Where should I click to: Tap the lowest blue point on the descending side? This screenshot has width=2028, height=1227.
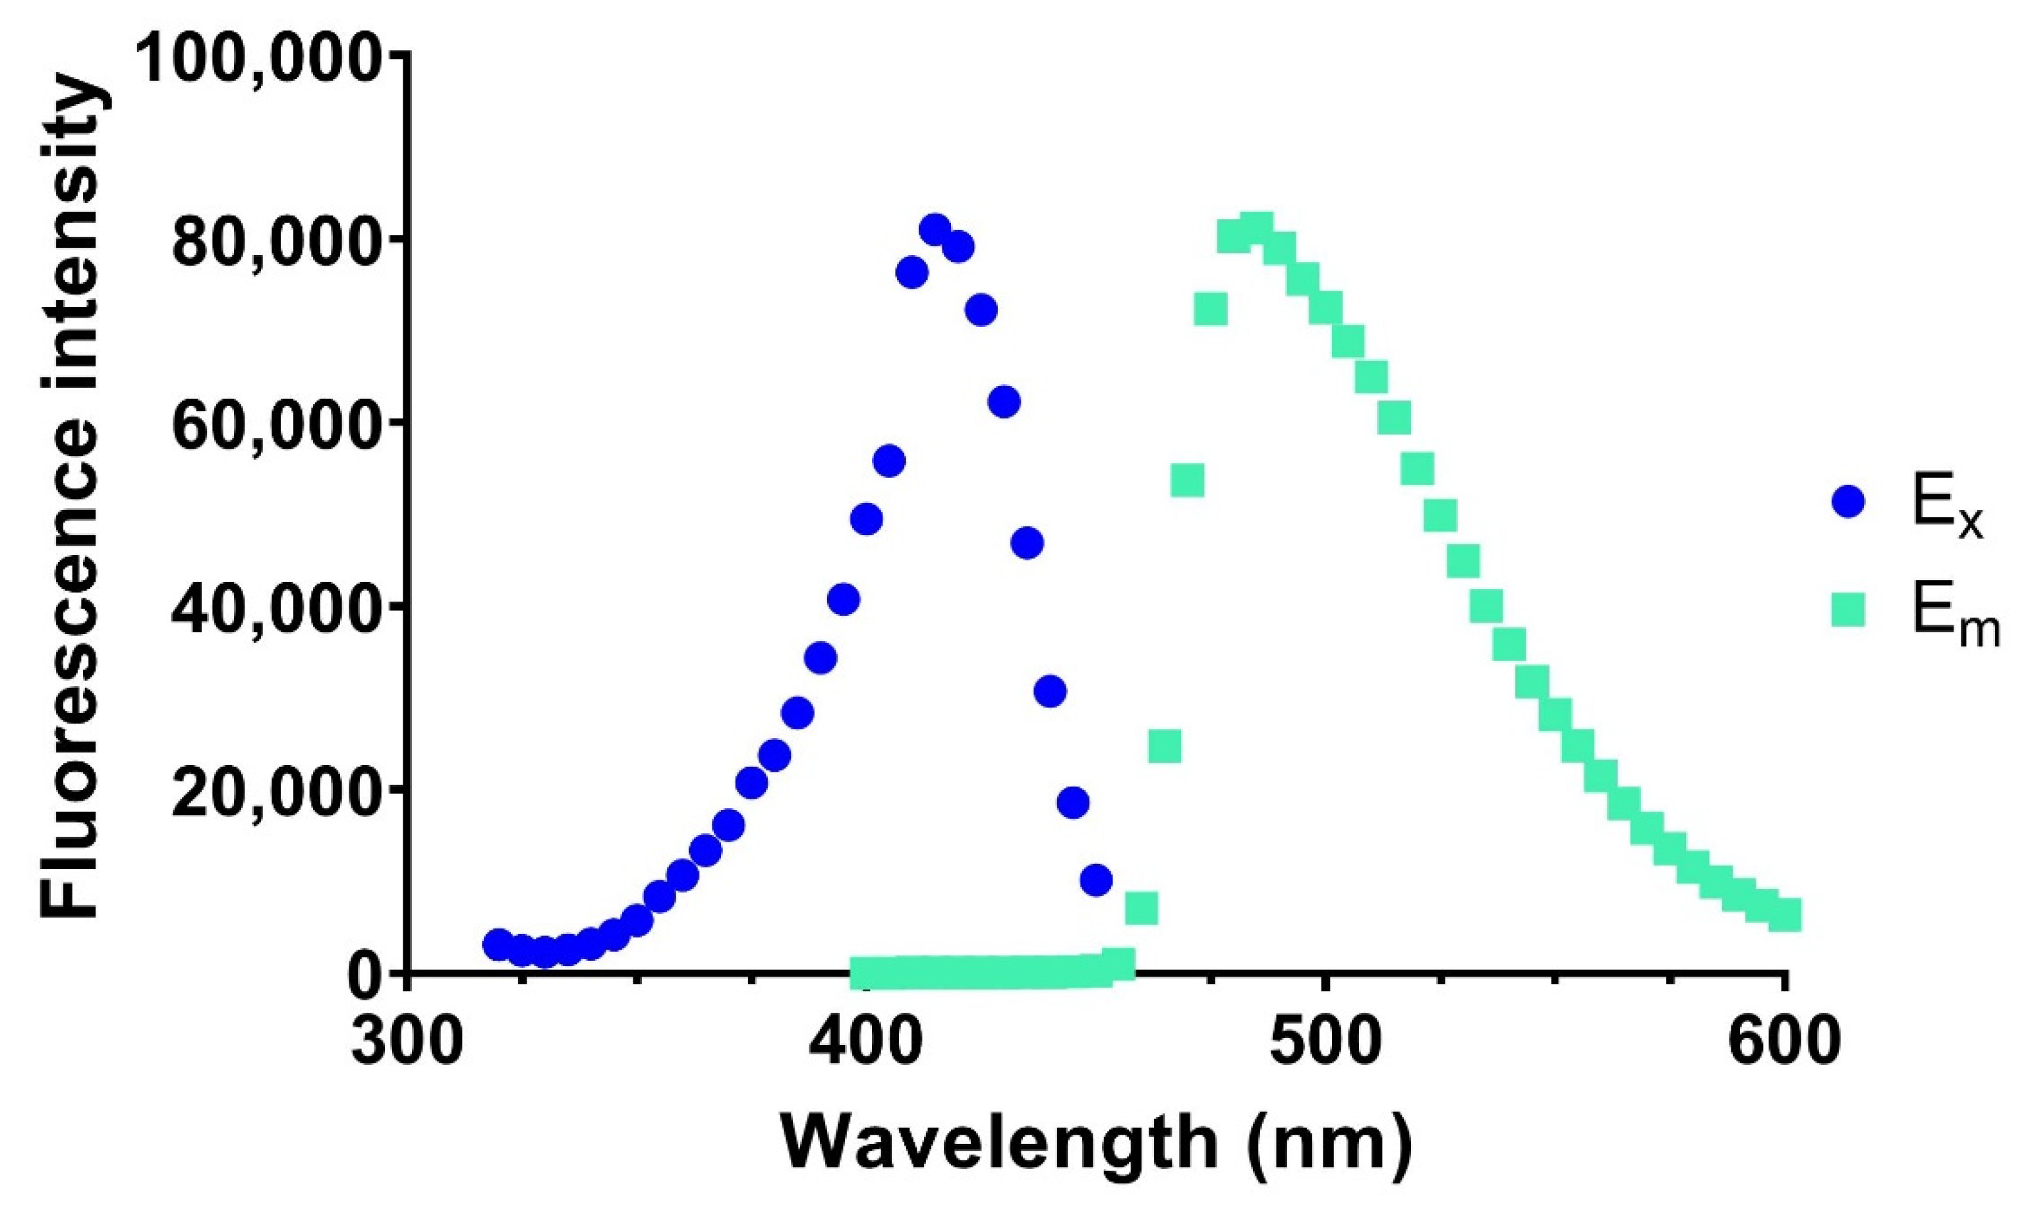(x=1095, y=880)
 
